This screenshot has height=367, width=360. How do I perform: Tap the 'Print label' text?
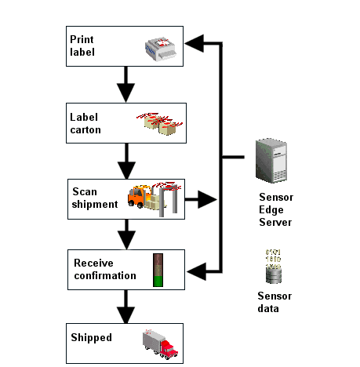coord(82,45)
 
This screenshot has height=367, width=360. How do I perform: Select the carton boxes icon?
coord(162,122)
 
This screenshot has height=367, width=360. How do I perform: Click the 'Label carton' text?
coord(85,123)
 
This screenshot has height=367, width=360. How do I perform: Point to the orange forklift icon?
coord(142,197)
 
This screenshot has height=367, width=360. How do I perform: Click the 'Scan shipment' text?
coord(95,198)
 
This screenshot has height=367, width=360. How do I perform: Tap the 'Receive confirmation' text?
coord(104,269)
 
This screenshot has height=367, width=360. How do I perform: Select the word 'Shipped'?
coord(92,338)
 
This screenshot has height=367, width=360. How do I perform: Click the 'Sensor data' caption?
coord(275,302)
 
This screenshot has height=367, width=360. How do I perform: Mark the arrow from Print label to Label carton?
coord(125,84)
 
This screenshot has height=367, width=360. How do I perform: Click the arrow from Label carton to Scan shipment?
coord(125,160)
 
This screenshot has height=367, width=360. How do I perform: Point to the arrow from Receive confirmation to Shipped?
coord(125,305)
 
